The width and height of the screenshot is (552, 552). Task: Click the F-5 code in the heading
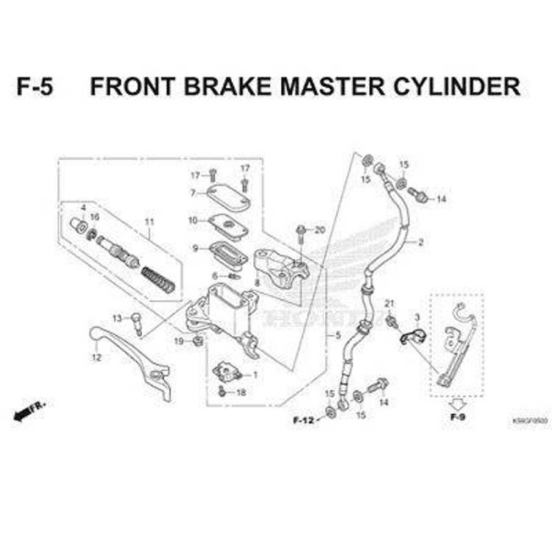35,87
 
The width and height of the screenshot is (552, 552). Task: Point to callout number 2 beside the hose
421,242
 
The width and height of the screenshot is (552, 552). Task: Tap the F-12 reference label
303,420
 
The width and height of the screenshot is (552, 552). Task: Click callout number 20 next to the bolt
319,230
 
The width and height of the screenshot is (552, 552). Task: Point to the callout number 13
117,318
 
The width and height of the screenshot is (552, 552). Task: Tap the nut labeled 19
198,341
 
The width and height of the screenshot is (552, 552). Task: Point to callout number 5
338,336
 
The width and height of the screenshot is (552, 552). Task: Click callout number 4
83,208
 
